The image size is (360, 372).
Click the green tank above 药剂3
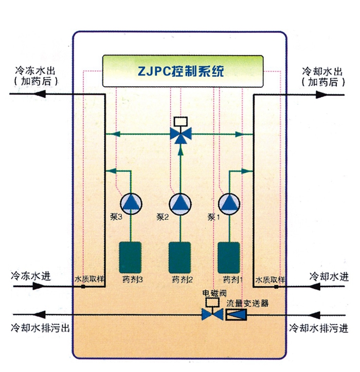coord(131,257)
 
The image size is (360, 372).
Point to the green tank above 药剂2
coord(180,257)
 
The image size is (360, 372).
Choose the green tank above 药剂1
coord(229,257)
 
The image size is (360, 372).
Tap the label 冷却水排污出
coord(39,327)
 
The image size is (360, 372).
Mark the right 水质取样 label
coord(271,280)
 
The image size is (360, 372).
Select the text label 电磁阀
coord(212,293)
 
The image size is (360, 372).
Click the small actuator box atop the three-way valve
coord(181,122)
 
